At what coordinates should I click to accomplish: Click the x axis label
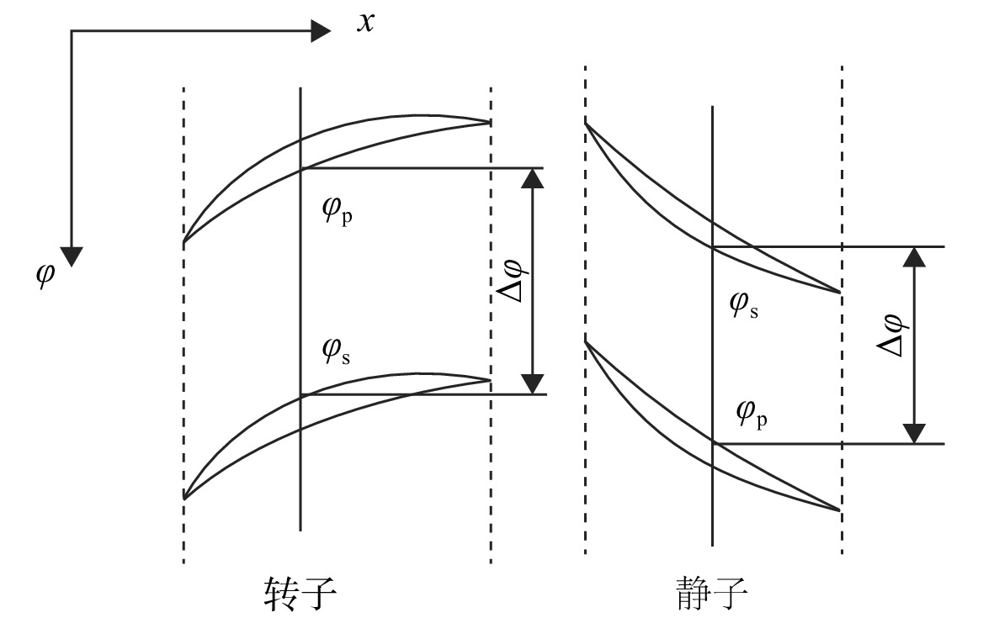pyautogui.click(x=366, y=23)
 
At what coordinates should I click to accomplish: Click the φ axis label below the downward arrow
pyautogui.click(x=45, y=275)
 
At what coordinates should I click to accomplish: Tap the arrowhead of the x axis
pyautogui.click(x=321, y=30)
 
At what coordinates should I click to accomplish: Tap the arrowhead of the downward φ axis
pyautogui.click(x=72, y=256)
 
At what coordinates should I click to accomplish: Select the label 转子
pyautogui.click(x=300, y=594)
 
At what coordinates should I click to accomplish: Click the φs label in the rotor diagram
pyautogui.click(x=336, y=351)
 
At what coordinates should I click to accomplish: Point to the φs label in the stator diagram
pyautogui.click(x=743, y=304)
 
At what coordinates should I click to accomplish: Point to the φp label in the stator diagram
pyautogui.click(x=752, y=415)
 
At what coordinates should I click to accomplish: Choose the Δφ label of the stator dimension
pyautogui.click(x=892, y=335)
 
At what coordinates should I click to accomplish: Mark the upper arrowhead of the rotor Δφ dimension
pyautogui.click(x=533, y=178)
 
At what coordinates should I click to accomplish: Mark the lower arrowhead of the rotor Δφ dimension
pyautogui.click(x=533, y=384)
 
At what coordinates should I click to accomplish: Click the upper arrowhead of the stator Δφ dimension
pyautogui.click(x=914, y=256)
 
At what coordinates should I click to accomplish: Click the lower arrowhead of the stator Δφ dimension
pyautogui.click(x=914, y=434)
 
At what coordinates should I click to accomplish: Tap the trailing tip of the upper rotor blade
pyautogui.click(x=490, y=122)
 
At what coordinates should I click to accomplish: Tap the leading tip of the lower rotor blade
pyautogui.click(x=183, y=499)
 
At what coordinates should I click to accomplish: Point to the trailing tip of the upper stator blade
pyautogui.click(x=839, y=292)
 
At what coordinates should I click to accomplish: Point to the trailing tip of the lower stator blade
pyautogui.click(x=839, y=510)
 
